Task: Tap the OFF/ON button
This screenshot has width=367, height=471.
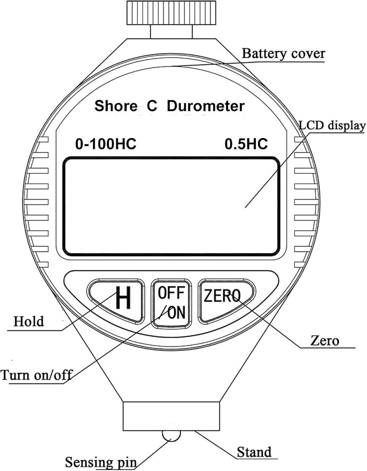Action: tap(171, 303)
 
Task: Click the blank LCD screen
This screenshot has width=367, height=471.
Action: tap(171, 207)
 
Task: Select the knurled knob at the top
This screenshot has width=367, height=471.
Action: tap(171, 13)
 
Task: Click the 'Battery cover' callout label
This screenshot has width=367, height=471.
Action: tap(284, 54)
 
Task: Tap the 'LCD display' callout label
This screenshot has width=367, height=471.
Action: tap(333, 125)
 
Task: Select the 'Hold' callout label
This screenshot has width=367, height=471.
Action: tap(29, 322)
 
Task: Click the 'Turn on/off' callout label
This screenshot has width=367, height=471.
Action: tap(37, 375)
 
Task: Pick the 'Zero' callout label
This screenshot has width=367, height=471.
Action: tap(325, 341)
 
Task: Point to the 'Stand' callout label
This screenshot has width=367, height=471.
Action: tap(254, 452)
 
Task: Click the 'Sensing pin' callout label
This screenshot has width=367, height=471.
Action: tap(101, 462)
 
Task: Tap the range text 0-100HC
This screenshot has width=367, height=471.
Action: tap(106, 144)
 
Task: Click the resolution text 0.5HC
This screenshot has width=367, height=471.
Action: tap(246, 144)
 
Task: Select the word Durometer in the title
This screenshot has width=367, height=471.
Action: tap(205, 106)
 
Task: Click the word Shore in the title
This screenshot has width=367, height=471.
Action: tap(116, 106)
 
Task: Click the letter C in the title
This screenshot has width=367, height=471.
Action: tap(152, 106)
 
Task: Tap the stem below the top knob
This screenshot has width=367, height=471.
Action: tap(171, 32)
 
